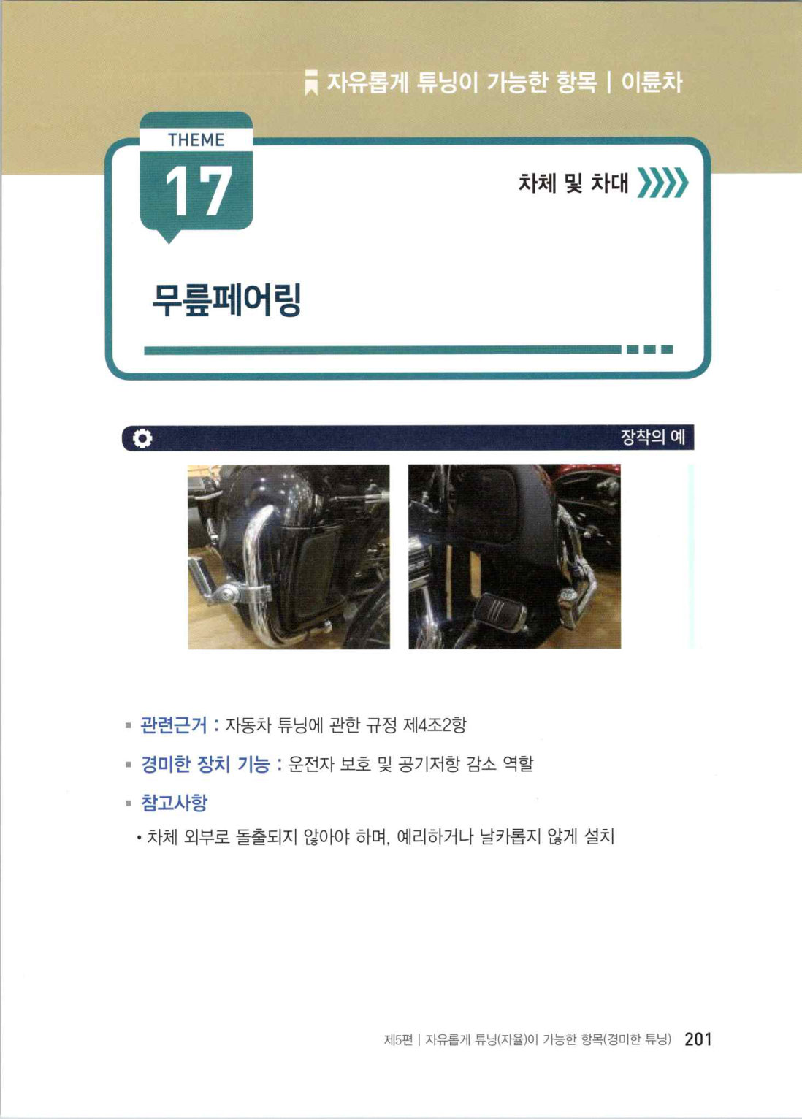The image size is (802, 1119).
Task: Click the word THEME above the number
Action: pyautogui.click(x=196, y=140)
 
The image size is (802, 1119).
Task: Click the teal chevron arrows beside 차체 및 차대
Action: pyautogui.click(x=663, y=183)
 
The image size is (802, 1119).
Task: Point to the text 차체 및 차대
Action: pyautogui.click(x=573, y=183)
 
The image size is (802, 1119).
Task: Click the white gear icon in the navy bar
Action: pyautogui.click(x=142, y=438)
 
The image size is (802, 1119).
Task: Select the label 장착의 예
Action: pyautogui.click(x=652, y=438)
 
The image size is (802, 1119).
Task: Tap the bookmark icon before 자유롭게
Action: pyautogui.click(x=311, y=83)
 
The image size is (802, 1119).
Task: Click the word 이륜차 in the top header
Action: pyautogui.click(x=652, y=82)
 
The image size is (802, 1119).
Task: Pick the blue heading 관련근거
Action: pyautogui.click(x=173, y=725)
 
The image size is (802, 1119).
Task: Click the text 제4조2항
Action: pyautogui.click(x=434, y=725)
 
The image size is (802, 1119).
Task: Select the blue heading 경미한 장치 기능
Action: pyautogui.click(x=205, y=764)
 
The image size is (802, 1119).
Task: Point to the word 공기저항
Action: pyautogui.click(x=429, y=764)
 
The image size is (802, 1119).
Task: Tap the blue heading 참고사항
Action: pyautogui.click(x=174, y=803)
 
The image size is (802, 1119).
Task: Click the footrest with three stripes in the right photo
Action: pyautogui.click(x=498, y=609)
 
